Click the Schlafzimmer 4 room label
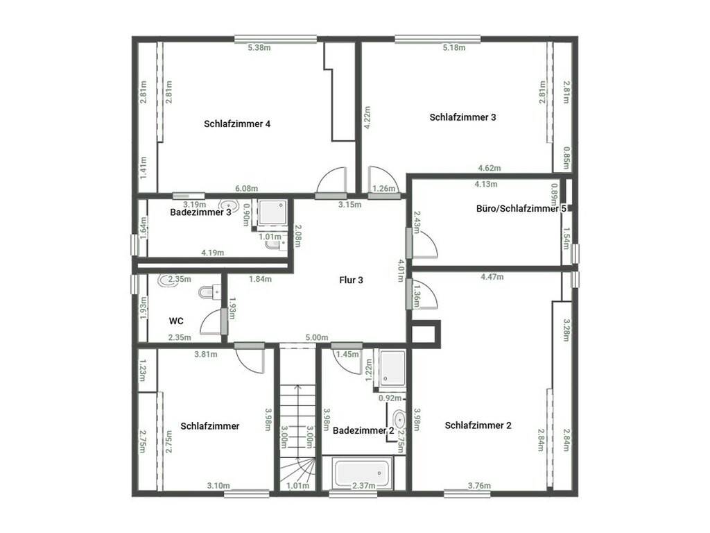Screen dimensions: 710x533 coord(237,124)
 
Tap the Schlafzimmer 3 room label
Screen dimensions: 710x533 coord(462,117)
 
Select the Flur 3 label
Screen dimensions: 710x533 coord(351,280)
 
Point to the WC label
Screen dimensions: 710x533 coord(176,321)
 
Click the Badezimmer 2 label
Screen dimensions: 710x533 coord(363,430)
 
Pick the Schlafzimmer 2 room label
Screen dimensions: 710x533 coord(478,425)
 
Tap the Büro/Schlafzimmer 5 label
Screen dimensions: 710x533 coord(521,208)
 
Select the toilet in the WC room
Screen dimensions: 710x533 coord(209,291)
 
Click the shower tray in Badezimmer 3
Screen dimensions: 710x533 coord(272,212)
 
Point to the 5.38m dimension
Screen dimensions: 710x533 coord(259,48)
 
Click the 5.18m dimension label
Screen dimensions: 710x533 coord(453,48)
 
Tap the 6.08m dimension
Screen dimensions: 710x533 coord(246,189)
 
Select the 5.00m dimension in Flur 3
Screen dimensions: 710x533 coord(316,337)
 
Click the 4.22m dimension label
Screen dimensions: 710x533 coord(367,117)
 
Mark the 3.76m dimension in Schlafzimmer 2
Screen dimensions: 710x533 coord(479,485)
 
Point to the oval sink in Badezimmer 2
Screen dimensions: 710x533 coord(399,419)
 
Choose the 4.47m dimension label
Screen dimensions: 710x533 coord(492,276)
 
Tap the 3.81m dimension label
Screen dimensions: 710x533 coord(205,354)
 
